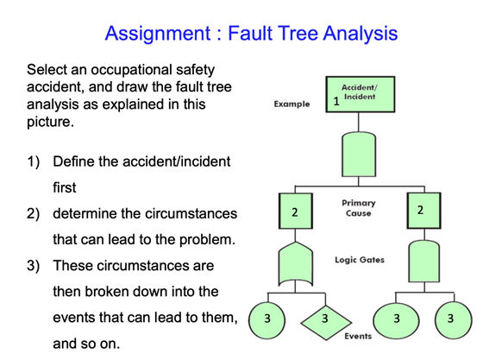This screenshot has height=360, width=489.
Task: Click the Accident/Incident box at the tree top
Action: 358,93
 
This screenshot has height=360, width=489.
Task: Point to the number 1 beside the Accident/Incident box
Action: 336,103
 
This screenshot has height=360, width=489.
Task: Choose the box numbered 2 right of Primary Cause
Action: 420,211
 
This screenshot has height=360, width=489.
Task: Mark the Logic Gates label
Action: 360,259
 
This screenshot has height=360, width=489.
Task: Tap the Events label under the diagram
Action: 358,336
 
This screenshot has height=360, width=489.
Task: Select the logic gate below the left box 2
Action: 294,263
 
